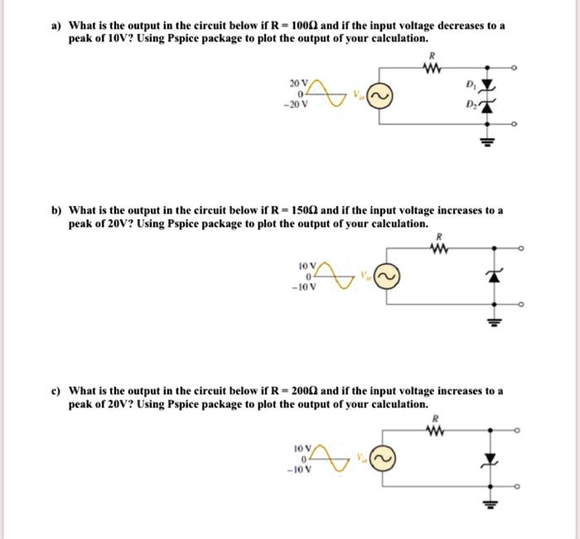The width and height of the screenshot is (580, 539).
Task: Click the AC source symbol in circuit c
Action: [382, 457]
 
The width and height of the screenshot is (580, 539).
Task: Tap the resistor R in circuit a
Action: [430, 70]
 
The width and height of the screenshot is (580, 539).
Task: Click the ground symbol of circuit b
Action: [496, 319]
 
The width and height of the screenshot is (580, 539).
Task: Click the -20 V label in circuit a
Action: [296, 105]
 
